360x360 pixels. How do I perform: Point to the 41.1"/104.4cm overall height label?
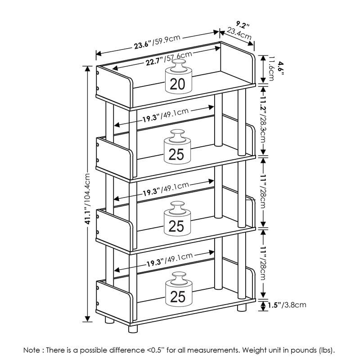89,198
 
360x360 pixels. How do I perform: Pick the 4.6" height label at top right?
280,69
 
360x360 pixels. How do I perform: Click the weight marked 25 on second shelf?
177,148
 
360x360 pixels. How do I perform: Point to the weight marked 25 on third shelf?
177,220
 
